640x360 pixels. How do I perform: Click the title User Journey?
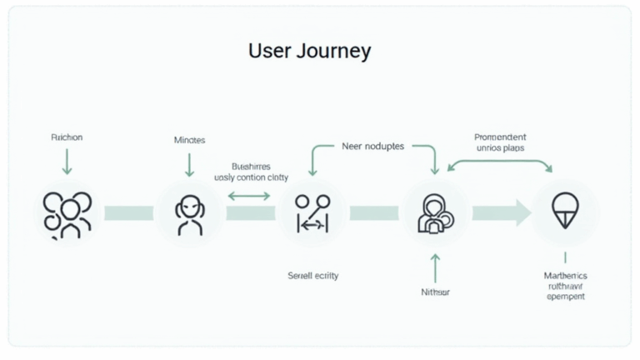(x=309, y=51)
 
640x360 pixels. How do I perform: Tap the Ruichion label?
(x=67, y=137)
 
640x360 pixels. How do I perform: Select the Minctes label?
(x=189, y=140)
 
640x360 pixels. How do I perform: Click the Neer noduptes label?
(x=372, y=146)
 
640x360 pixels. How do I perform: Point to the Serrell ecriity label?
(x=312, y=275)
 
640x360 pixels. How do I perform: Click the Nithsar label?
(x=434, y=292)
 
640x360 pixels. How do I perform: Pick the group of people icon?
(x=67, y=214)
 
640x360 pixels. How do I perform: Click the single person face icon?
(x=189, y=213)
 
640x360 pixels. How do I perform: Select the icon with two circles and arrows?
(x=312, y=213)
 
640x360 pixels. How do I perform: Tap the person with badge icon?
(x=435, y=213)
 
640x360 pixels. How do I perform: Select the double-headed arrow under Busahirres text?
(x=249, y=196)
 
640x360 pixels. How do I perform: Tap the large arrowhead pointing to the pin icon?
(x=522, y=213)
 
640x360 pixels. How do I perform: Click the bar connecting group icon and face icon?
(x=128, y=214)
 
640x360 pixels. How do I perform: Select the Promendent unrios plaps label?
(x=500, y=142)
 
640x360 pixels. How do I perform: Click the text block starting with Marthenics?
(x=565, y=286)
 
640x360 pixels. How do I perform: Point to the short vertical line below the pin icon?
(x=565, y=258)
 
